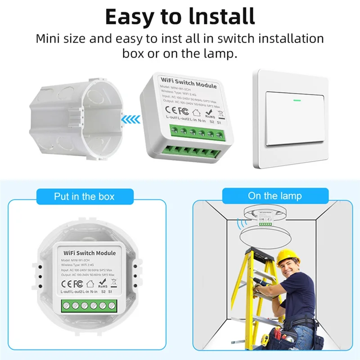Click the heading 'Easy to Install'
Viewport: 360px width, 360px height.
click(180, 16)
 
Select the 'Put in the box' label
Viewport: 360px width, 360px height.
click(84, 197)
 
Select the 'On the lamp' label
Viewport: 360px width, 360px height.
click(274, 196)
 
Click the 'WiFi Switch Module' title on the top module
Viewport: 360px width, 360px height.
click(182, 84)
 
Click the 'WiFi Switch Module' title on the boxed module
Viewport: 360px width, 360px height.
click(90, 253)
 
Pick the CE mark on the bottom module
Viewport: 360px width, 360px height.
click(66, 284)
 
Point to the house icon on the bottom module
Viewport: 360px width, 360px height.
click(90, 284)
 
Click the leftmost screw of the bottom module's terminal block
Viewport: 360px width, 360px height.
click(66, 306)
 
